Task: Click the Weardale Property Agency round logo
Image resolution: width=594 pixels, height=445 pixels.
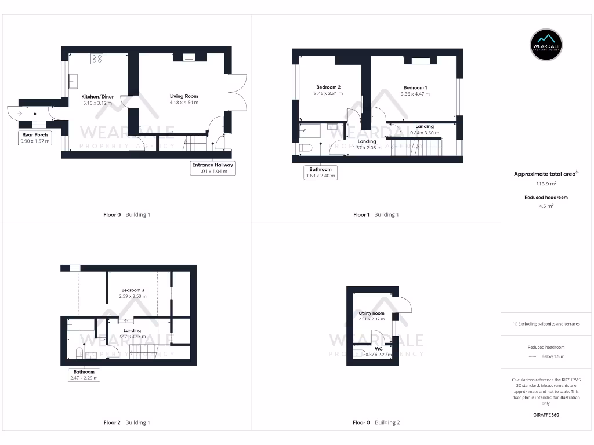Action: click(x=546, y=45)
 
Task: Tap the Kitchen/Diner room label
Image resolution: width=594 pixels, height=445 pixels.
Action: click(x=97, y=96)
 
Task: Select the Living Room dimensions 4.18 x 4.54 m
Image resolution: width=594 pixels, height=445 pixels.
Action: click(x=184, y=103)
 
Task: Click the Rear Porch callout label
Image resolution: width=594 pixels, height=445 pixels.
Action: click(x=35, y=138)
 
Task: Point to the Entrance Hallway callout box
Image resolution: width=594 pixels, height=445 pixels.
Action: click(x=213, y=168)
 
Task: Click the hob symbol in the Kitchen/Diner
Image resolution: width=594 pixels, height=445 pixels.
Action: click(x=97, y=59)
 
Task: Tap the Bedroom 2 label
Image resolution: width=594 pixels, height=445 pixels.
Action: click(x=328, y=87)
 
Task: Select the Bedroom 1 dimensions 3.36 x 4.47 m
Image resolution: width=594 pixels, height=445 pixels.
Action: click(x=415, y=94)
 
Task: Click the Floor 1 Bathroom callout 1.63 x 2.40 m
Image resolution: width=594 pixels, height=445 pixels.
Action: click(x=320, y=173)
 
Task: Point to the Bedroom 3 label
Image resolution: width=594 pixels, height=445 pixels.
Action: click(x=132, y=290)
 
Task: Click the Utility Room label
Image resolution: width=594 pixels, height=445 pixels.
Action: click(x=371, y=313)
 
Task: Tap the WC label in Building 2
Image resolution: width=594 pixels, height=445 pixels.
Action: click(x=378, y=348)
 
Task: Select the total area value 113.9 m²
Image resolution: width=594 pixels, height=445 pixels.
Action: click(x=546, y=184)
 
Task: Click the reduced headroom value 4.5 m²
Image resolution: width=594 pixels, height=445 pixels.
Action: click(x=546, y=206)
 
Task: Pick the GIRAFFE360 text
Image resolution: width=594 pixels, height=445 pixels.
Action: click(x=546, y=415)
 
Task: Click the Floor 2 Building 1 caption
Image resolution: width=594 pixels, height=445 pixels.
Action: click(x=126, y=422)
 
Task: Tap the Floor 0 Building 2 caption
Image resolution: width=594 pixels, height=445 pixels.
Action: click(x=376, y=422)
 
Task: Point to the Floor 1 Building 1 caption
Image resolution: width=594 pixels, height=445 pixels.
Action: click(x=376, y=214)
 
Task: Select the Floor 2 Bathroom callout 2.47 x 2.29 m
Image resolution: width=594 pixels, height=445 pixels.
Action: click(x=84, y=375)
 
